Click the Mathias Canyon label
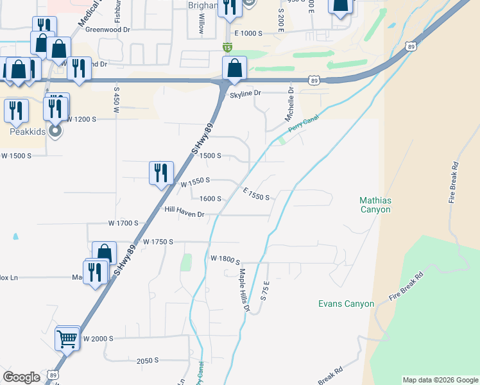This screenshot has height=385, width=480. point(375,205)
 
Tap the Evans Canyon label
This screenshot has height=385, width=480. point(346,304)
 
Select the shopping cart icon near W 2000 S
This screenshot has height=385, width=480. point(67,338)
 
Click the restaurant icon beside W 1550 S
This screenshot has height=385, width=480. point(160,173)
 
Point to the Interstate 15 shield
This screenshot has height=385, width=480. point(227,47)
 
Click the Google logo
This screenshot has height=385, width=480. point(21,377)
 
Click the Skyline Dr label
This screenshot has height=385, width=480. point(246,94)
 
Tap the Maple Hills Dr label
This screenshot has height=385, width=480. point(244,291)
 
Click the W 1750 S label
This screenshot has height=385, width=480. point(159,242)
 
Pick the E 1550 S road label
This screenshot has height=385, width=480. point(255,193)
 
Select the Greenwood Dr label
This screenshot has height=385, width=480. point(108,30)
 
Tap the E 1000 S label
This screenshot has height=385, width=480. point(249,33)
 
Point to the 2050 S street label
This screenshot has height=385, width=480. point(148,361)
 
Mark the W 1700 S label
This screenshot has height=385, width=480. point(123,223)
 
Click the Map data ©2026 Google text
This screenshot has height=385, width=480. point(440,380)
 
